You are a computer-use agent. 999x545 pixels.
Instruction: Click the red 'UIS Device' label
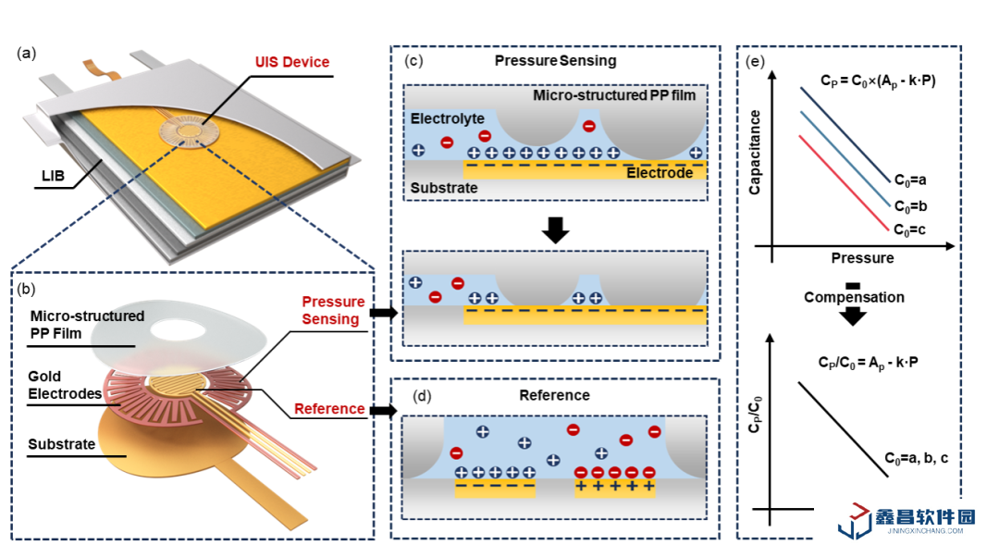pos(292,62)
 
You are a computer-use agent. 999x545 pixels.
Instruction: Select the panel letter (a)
pos(26,53)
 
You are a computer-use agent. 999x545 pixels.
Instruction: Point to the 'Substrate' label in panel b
pos(62,444)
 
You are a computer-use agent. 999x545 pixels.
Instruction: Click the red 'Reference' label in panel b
pos(329,409)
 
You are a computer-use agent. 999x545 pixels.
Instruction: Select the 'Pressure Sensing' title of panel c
pos(555,61)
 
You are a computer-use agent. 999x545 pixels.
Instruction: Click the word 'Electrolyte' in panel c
pos(447,119)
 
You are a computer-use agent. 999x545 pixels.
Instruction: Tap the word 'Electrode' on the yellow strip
pos(660,173)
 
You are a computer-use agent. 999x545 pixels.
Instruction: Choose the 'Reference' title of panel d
pos(554,395)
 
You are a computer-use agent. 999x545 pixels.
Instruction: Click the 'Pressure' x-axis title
pos(862,257)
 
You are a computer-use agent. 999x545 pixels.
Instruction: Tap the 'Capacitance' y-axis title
pos(755,152)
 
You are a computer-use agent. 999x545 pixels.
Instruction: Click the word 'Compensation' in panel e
pos(853,297)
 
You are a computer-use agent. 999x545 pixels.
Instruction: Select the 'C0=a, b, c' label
pos(916,458)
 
